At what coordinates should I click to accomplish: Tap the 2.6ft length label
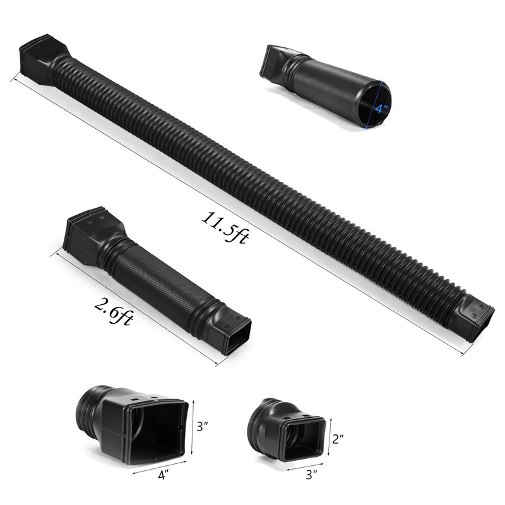click(x=114, y=311)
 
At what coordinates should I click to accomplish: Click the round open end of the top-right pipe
click(x=375, y=104)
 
